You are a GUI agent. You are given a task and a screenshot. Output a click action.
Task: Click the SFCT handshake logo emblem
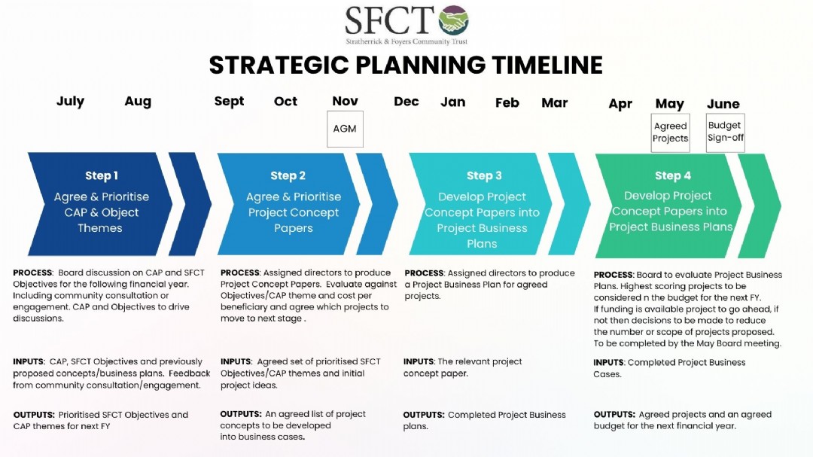[454, 20]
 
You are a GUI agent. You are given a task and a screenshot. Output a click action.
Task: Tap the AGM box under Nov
[345, 129]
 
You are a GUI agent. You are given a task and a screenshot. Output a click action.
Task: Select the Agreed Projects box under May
[671, 133]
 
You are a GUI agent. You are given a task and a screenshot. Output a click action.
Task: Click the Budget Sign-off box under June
[726, 133]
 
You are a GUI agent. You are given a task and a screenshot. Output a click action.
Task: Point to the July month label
[71, 102]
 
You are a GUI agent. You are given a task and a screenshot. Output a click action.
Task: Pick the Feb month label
[507, 102]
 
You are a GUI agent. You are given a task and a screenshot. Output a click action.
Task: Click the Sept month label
[229, 102]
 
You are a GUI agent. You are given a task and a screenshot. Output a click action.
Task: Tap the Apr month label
[620, 104]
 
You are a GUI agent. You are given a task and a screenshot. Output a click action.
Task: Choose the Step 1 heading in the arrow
[102, 176]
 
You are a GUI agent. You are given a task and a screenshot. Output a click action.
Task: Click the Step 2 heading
[288, 176]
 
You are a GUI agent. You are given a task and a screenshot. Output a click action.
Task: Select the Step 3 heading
[484, 176]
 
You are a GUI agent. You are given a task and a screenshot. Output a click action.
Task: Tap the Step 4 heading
[672, 176]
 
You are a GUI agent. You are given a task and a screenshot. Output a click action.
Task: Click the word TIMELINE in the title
[547, 66]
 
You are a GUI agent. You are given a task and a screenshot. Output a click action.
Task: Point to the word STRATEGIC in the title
[279, 66]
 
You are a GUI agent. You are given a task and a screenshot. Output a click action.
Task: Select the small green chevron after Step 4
[760, 206]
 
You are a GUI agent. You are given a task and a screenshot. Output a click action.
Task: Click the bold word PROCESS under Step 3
[424, 273]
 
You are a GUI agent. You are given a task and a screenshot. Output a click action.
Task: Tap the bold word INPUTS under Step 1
[29, 361]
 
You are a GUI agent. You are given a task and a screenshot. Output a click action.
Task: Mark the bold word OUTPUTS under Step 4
[614, 415]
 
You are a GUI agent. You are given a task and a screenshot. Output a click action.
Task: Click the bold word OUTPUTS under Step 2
[241, 414]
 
